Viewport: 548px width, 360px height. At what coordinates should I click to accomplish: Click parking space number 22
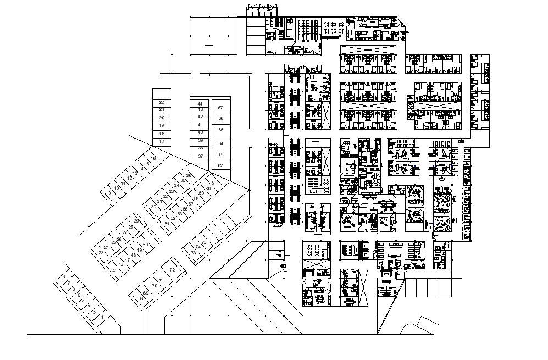click(x=162, y=102)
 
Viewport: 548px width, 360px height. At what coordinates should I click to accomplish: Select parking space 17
click(x=162, y=142)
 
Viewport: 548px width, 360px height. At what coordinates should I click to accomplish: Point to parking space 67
click(x=220, y=108)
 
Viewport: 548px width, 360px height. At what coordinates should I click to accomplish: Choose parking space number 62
click(x=220, y=165)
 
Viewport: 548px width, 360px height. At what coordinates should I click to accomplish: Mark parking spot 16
click(x=153, y=158)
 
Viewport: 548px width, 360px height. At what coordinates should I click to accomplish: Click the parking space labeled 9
click(x=110, y=193)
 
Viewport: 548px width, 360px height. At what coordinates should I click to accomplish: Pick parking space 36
click(x=189, y=175)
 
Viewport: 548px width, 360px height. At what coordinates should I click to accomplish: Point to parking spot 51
click(x=167, y=224)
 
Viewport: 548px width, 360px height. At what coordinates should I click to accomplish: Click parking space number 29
click(x=136, y=221)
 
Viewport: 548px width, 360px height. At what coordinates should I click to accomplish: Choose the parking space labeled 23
click(x=101, y=253)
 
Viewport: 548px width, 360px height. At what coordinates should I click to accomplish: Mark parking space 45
click(x=115, y=270)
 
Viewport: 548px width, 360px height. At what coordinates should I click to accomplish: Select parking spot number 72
click(x=172, y=270)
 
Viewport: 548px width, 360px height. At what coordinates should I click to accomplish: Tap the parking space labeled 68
click(x=141, y=298)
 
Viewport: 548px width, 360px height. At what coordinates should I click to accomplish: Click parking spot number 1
click(x=102, y=318)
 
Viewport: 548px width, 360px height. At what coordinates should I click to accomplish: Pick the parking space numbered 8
click(x=64, y=276)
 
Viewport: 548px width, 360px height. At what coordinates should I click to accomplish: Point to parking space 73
click(x=193, y=253)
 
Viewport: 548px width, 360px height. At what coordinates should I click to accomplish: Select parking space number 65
click(x=220, y=130)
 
